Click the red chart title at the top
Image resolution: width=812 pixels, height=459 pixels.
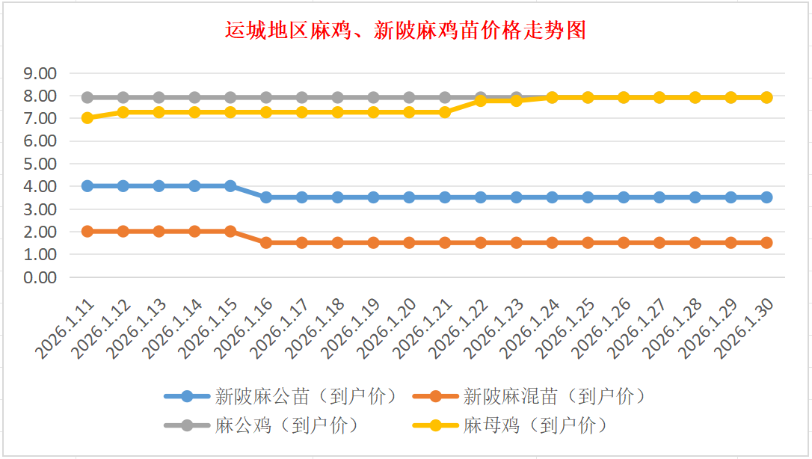pos(405,31)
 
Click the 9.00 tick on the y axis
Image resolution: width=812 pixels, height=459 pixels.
pos(40,73)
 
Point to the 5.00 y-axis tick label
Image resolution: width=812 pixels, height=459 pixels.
pos(40,164)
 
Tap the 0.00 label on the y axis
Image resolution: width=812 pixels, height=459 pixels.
pos(40,277)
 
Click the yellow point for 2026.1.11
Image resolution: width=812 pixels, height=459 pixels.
pos(87,118)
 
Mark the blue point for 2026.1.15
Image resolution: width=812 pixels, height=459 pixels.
pos(230,186)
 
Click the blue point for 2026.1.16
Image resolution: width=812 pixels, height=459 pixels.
pos(266,197)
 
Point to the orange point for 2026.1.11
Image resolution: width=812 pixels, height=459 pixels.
pos(87,232)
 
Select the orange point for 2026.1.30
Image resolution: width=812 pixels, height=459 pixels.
pos(766,243)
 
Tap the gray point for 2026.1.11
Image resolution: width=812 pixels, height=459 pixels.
pos(87,97)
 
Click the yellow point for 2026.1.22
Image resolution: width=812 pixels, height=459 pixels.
pos(481,100)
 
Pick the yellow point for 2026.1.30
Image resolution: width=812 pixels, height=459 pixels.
pos(766,97)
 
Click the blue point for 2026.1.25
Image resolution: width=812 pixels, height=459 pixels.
pos(588,197)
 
